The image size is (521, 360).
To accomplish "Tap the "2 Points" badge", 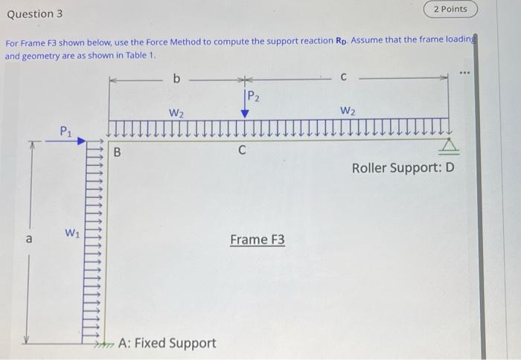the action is point(450,9).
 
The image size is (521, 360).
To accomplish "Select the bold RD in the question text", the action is point(338,40).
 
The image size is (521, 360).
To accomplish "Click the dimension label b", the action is point(176,77).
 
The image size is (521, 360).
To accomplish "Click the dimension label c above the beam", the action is point(343,77).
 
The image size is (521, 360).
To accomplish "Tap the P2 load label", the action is point(252,95).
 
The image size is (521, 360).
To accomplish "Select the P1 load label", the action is point(67,131).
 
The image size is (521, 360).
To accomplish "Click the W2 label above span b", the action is point(176,113).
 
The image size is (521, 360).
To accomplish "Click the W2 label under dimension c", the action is point(348,112).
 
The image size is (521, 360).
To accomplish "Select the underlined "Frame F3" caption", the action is point(257,240).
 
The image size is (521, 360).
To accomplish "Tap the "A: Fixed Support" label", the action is point(167,343).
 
